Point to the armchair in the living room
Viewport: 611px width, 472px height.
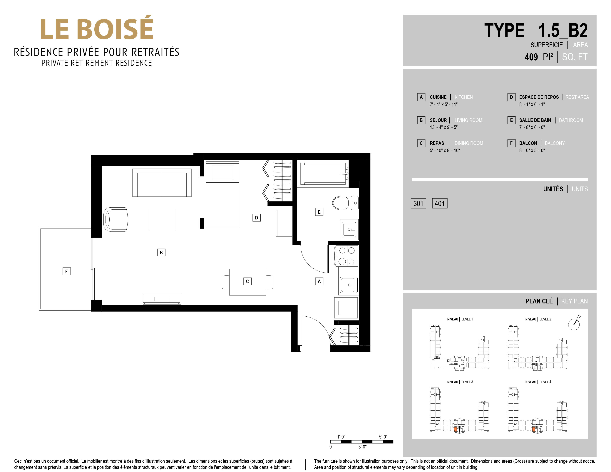point(115,219)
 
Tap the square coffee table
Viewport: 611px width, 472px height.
point(162,219)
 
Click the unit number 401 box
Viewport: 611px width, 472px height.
point(439,203)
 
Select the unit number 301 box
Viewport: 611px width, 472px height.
point(418,203)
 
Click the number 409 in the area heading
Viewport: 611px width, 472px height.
point(531,57)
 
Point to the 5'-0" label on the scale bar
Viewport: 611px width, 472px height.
point(383,437)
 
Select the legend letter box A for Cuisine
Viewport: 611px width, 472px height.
point(421,97)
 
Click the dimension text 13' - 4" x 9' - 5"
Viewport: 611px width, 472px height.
point(444,127)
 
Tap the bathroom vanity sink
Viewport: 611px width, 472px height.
point(349,230)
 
